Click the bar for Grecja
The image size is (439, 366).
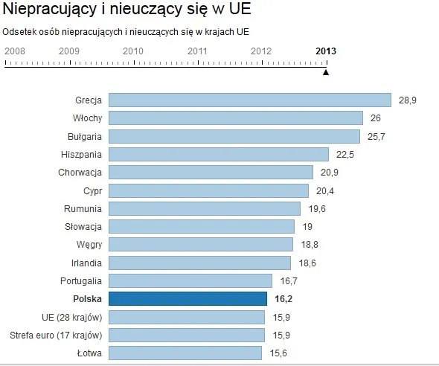(x=249, y=100)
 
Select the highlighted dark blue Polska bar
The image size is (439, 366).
(x=188, y=299)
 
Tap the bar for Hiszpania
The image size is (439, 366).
(x=219, y=154)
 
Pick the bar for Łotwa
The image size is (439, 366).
(x=185, y=353)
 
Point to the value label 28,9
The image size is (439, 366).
(x=406, y=100)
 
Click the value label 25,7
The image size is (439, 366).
(x=375, y=136)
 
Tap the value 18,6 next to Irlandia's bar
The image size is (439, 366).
(x=306, y=263)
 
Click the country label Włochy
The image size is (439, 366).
(x=88, y=118)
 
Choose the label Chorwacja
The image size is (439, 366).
(x=80, y=173)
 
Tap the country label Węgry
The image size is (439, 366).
(x=89, y=245)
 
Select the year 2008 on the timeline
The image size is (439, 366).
(x=16, y=51)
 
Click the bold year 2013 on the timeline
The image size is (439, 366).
(x=326, y=51)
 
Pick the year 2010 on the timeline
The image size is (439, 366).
(x=133, y=51)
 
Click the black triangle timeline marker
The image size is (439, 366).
(x=326, y=71)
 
